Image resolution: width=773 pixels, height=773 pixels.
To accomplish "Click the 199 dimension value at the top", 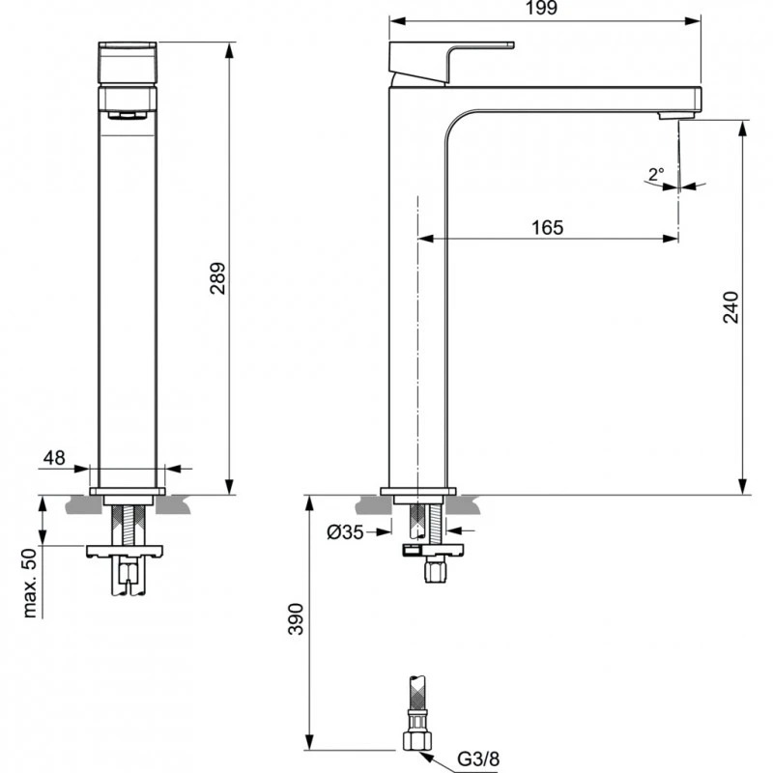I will coord(545,9).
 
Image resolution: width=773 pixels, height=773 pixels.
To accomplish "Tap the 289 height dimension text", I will coord(217,279).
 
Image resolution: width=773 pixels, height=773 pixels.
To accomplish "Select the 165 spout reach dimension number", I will coord(547,227).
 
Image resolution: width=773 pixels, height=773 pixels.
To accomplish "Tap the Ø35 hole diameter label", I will coord(346,530).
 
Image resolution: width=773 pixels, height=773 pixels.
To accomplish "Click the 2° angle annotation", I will coord(656,175).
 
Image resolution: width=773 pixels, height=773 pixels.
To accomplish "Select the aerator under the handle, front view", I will coord(127,115).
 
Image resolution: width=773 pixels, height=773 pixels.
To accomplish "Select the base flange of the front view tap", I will coord(128,492).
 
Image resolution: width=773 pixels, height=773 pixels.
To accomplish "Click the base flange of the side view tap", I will coord(417,492).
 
